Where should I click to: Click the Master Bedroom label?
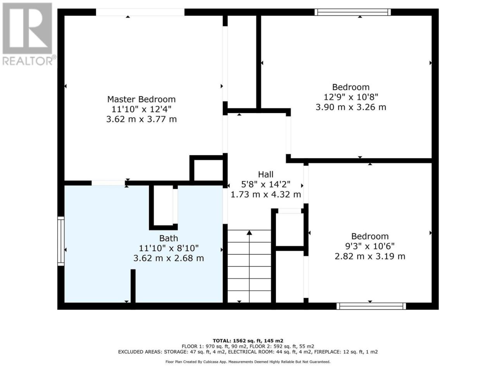(141, 99)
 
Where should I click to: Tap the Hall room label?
(265, 175)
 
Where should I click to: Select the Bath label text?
(168, 239)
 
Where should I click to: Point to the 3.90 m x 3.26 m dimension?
(351, 107)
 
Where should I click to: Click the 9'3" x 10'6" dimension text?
(370, 246)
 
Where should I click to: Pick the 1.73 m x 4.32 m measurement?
(265, 195)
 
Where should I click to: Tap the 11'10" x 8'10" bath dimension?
(168, 248)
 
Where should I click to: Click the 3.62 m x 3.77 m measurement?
(141, 119)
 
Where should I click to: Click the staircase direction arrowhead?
(249, 232)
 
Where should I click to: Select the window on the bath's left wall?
(61, 241)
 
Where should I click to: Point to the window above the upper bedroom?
(353, 12)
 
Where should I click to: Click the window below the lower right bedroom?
(371, 306)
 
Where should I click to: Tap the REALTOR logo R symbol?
(27, 28)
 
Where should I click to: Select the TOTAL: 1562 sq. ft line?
(248, 341)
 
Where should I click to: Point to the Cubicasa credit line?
(248, 362)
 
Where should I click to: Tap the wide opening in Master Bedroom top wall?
(140, 12)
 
